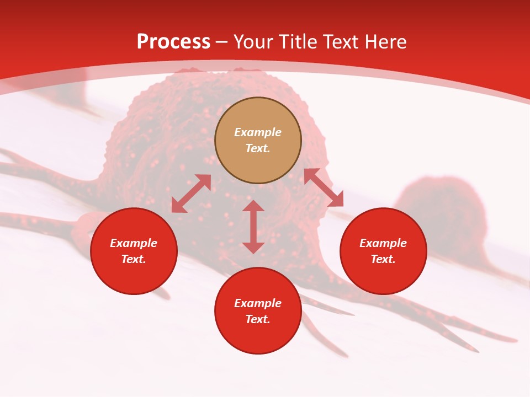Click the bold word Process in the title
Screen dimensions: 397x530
[173, 42]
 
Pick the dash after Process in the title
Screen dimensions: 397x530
[221, 42]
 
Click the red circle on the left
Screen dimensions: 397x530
[134, 251]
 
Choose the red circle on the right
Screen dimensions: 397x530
[383, 251]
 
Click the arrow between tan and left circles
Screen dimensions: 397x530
[191, 194]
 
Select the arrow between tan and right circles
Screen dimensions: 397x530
[324, 187]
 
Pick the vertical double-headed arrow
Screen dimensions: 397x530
[253, 227]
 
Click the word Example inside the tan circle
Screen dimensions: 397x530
[258, 132]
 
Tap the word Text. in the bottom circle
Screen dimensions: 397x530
[258, 319]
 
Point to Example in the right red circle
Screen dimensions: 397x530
[383, 243]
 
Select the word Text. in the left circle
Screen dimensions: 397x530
[134, 259]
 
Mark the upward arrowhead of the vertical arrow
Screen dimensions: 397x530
[253, 206]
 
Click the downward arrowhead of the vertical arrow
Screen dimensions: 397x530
[253, 248]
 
